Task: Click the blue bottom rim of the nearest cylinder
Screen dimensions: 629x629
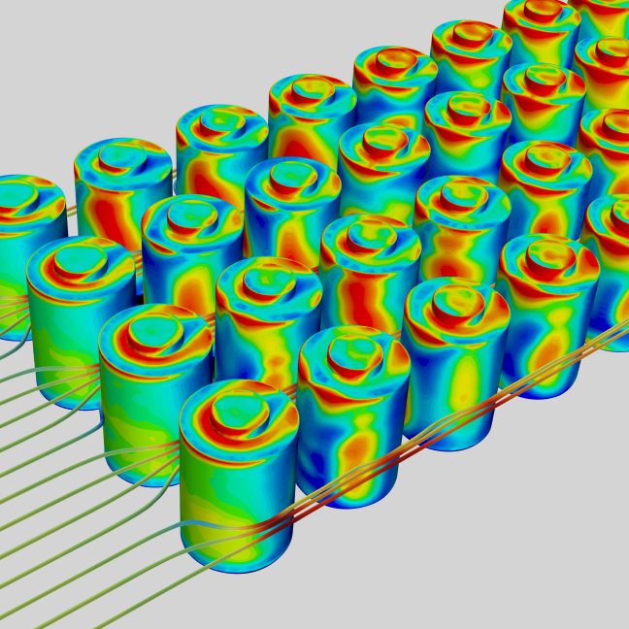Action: coord(243,567)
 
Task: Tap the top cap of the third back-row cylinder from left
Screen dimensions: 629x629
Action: coord(221,127)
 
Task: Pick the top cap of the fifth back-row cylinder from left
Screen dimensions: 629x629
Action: coord(394,62)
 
